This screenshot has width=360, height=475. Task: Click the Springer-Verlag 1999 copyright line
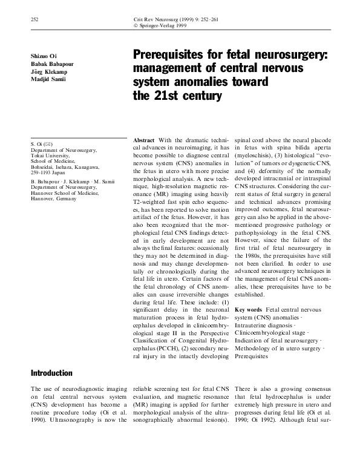point(165,27)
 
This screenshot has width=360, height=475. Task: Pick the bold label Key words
point(248,309)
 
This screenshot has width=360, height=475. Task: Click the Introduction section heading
point(51,373)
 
